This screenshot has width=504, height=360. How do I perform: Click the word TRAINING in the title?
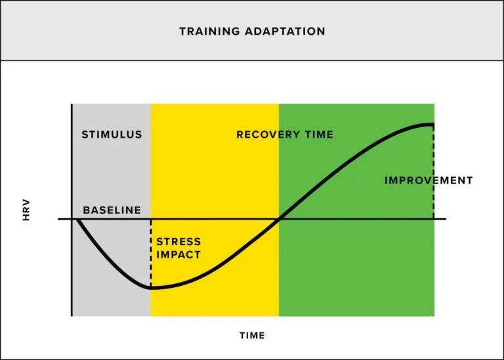[x=205, y=31]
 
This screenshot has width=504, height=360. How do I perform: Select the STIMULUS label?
[x=112, y=134]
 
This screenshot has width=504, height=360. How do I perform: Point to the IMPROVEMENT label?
[x=429, y=180]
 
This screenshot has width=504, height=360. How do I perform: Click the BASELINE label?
[x=112, y=210]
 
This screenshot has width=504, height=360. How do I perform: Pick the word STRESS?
[x=178, y=242]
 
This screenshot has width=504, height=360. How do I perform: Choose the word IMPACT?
[x=178, y=254]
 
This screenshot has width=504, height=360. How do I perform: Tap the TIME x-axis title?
[x=252, y=335]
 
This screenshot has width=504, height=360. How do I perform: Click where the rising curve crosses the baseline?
[x=280, y=218]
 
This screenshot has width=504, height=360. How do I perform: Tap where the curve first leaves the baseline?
[x=77, y=219]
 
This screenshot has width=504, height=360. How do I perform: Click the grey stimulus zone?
[x=112, y=170]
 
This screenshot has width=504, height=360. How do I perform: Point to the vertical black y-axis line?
[x=72, y=262]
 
